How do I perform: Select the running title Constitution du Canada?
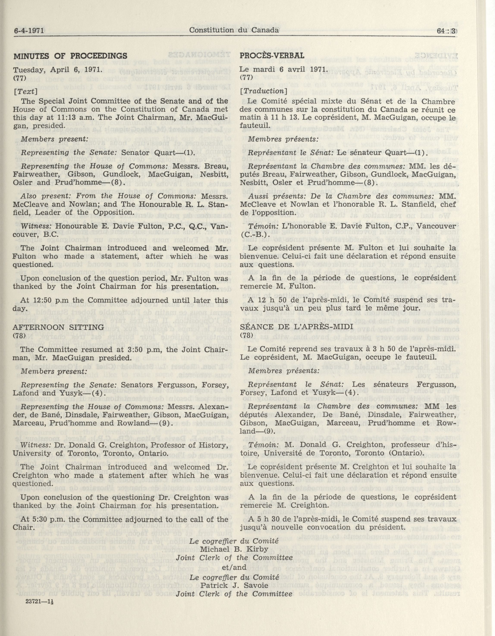click(x=234, y=30)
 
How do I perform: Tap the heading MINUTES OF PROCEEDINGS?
click(x=70, y=56)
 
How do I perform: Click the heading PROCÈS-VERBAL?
click(x=272, y=56)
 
